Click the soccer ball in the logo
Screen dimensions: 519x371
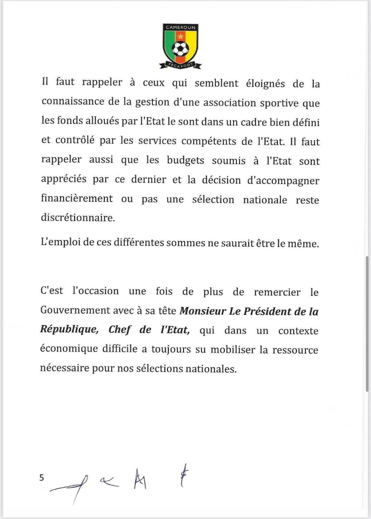pyautogui.click(x=180, y=49)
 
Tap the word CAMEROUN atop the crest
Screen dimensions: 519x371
pyautogui.click(x=180, y=27)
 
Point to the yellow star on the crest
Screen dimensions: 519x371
pyautogui.click(x=180, y=36)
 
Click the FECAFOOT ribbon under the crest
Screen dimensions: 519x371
pyautogui.click(x=180, y=65)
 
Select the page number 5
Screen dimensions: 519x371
pyautogui.click(x=42, y=478)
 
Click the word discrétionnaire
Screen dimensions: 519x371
pyautogui.click(x=78, y=217)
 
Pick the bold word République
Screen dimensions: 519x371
pyautogui.click(x=69, y=329)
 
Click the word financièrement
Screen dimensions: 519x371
pyautogui.click(x=77, y=199)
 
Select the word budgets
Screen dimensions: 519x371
pyautogui.click(x=185, y=160)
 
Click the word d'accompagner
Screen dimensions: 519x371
pyautogui.click(x=283, y=181)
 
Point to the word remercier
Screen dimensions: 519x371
pyautogui.click(x=277, y=292)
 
